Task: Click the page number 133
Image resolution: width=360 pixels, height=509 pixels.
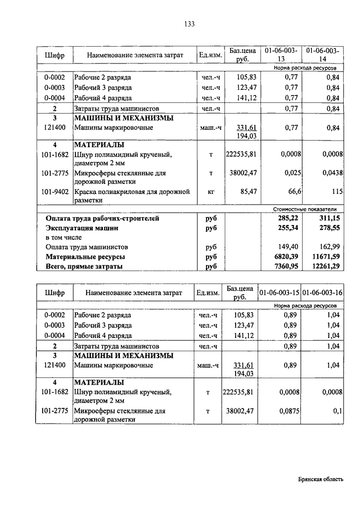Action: (x=189, y=24)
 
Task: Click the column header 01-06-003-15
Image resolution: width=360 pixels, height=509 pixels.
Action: (x=279, y=292)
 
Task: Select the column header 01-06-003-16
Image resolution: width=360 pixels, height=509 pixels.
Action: (x=322, y=292)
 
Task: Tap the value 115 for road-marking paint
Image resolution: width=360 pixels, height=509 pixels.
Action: (x=337, y=192)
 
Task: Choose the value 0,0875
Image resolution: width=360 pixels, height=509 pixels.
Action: (x=286, y=411)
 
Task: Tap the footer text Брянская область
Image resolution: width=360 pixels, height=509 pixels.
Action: (x=320, y=479)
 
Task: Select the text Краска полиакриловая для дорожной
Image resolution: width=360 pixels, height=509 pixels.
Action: (x=132, y=192)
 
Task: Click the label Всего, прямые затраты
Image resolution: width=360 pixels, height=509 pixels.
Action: (x=84, y=266)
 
